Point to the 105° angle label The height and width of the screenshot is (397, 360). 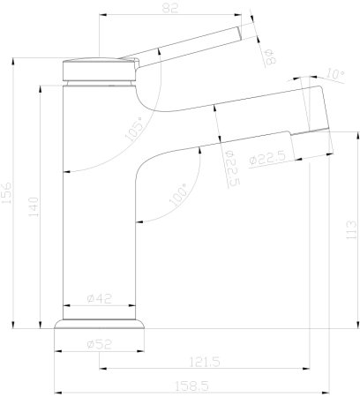pos(136,129)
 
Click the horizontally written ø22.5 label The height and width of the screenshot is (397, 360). pos(265,160)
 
